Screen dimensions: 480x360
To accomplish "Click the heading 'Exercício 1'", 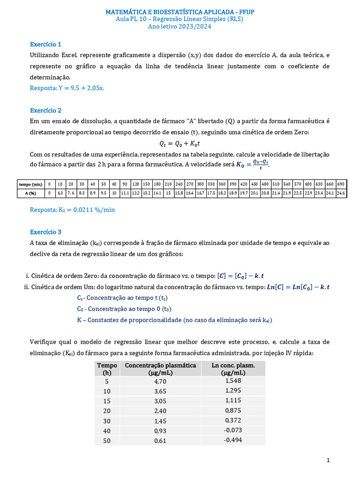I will click(45, 45).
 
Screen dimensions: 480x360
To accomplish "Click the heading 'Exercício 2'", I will click(45, 111).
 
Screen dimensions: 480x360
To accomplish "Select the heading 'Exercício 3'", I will click(45, 232).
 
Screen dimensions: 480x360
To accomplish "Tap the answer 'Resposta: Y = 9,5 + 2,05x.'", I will click(67, 88).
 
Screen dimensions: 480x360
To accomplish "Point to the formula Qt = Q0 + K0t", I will click(180, 144).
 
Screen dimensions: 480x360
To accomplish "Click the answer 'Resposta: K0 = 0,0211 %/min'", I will click(72, 210).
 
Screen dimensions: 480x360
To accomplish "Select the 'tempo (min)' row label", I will click(31, 184).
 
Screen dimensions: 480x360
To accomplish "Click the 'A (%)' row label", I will click(31, 193).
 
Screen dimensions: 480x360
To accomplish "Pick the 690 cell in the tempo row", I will click(341, 184).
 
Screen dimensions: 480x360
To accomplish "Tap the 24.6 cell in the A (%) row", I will click(341, 193).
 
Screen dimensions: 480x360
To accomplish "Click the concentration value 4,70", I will click(160, 382).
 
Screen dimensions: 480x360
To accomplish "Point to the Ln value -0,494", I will click(233, 440).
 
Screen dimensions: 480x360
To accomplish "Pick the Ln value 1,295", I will click(233, 391).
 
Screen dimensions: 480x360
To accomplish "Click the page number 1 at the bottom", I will click(328, 461).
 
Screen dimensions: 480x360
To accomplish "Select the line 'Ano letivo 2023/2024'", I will click(180, 27).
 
